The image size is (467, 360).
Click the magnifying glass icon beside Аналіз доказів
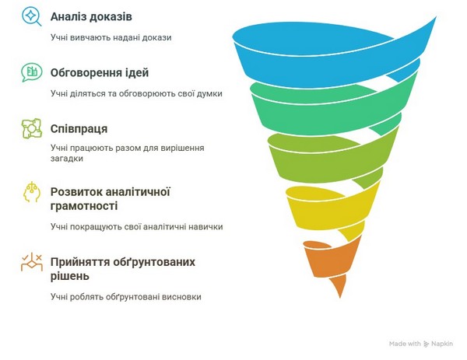31,16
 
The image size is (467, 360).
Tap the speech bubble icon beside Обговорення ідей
32,72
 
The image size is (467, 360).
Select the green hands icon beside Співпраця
32,128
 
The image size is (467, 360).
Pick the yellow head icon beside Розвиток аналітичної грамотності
32,192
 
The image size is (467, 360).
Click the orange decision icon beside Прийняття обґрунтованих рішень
32,262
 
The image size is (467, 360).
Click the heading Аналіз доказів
91,16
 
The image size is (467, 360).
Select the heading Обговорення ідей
100,73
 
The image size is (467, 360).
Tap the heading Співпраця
79,129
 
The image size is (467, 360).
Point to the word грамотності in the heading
84,206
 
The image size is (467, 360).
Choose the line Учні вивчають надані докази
111,38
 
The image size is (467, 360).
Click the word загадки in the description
67,159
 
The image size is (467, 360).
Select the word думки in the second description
211,94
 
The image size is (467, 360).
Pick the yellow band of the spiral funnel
328,208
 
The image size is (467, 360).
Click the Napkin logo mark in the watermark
427,344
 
